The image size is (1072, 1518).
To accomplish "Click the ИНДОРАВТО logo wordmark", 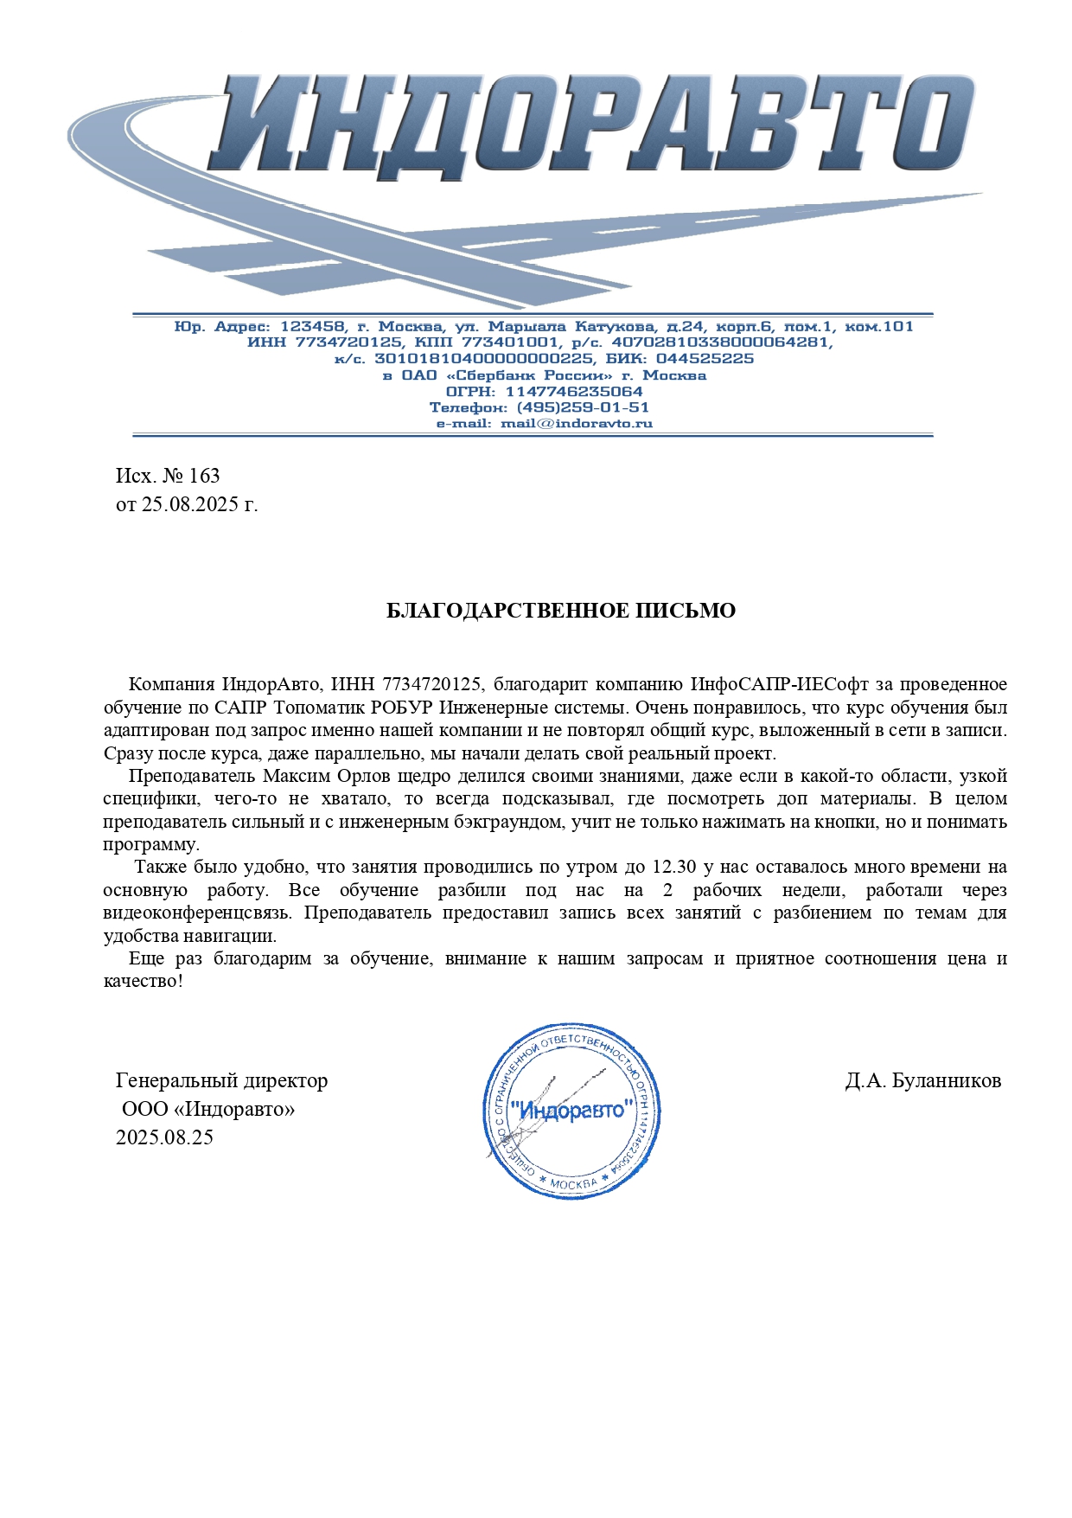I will (597, 125).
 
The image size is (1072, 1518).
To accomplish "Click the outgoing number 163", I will (204, 476).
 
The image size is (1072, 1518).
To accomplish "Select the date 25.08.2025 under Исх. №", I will (190, 504).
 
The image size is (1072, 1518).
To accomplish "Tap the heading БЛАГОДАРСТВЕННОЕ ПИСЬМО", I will (560, 611).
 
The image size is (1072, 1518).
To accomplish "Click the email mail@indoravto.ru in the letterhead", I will (577, 424).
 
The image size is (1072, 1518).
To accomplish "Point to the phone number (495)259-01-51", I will (583, 407).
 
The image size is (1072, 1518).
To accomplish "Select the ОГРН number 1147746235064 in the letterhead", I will (574, 392).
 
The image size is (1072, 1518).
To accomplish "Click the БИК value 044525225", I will (705, 359).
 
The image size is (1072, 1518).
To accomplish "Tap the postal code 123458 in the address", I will (312, 327).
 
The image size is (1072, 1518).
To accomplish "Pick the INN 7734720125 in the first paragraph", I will (431, 684).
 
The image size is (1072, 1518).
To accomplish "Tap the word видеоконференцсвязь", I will (198, 913).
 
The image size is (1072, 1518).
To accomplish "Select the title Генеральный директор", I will (222, 1080).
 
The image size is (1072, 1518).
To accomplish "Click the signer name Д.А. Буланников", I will (922, 1080).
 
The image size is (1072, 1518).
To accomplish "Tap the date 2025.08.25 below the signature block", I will (164, 1137).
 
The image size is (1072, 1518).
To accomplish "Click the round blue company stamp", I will (571, 1111).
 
